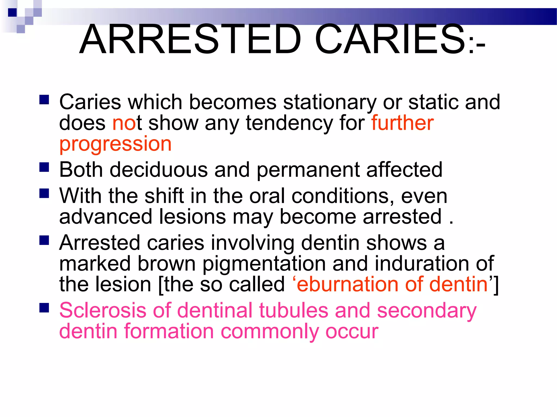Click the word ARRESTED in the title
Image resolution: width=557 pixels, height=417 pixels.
point(190,39)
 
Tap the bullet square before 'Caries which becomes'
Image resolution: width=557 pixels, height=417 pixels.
point(44,100)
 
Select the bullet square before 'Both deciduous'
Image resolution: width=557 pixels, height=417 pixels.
point(44,167)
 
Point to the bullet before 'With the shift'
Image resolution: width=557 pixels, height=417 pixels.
point(44,194)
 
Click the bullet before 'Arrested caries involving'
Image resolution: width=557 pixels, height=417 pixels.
point(44,240)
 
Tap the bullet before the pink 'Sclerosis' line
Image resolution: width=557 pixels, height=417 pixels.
point(44,308)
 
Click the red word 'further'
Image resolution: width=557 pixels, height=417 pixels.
point(403,123)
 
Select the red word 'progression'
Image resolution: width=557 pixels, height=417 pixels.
point(115,144)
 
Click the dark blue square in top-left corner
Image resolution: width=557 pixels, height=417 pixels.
point(12,12)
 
